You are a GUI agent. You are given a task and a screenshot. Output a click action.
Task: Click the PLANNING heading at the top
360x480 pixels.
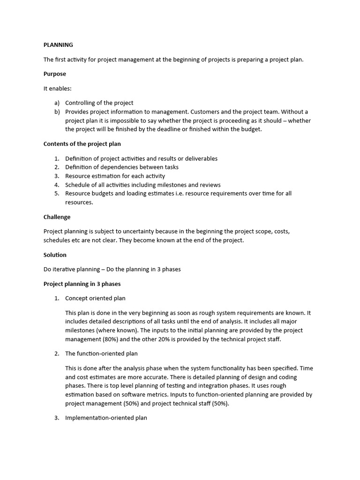58,45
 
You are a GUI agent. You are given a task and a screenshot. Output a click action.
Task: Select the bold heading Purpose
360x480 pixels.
54,74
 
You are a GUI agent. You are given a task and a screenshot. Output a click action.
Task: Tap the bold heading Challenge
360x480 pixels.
57,217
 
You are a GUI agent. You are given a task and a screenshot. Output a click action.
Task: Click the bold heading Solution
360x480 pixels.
55,255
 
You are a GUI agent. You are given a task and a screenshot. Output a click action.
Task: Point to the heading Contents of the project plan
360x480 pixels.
82,144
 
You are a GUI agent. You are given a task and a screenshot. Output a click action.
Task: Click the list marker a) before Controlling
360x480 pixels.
57,103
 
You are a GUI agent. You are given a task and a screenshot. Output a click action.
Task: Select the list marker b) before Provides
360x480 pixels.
57,112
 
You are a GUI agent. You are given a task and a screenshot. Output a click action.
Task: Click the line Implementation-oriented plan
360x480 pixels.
106,418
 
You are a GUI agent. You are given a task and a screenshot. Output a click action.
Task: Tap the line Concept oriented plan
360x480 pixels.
95,298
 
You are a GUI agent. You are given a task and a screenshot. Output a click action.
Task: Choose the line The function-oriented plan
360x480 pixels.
101,353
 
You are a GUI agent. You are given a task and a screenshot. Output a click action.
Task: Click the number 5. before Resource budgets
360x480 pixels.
57,193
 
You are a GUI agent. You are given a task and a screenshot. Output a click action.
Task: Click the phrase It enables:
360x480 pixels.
58,88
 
